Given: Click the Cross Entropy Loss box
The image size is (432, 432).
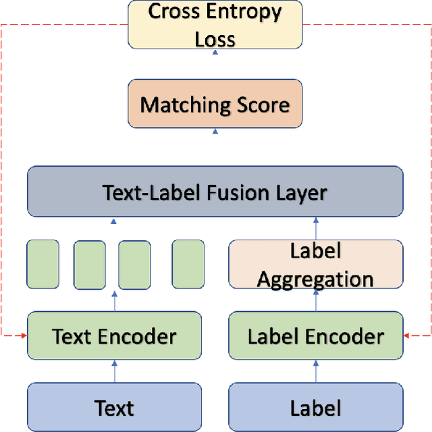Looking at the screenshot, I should click(x=215, y=25).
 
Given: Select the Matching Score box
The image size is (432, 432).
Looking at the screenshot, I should click(x=215, y=104).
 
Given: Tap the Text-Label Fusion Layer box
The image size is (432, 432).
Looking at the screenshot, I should click(x=215, y=192).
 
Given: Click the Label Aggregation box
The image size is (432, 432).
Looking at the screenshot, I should click(x=316, y=265).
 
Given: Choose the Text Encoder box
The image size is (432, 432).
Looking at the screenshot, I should click(x=114, y=335).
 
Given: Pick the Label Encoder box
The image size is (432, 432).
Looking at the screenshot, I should click(x=316, y=335).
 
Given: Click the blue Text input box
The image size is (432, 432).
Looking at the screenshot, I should click(x=114, y=407).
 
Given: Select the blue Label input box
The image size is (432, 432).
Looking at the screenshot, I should click(x=316, y=407).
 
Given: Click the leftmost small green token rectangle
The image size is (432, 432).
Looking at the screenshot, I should click(x=43, y=265).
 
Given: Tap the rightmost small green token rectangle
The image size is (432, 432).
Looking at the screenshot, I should click(x=188, y=265).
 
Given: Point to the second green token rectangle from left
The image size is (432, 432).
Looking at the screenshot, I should click(x=89, y=265).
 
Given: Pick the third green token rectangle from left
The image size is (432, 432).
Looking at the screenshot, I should click(x=134, y=265).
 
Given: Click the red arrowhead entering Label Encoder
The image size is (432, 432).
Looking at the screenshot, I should click(x=406, y=335).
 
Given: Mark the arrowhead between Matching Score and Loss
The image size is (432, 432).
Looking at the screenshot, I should click(x=215, y=52).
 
